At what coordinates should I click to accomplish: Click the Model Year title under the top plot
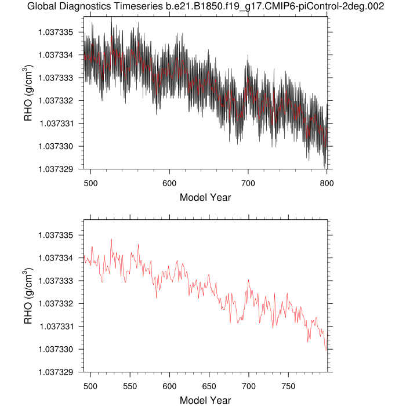click(x=205, y=197)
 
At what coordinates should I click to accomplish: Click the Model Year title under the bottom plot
click(x=205, y=400)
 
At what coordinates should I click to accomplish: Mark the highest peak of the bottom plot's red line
click(x=111, y=239)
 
